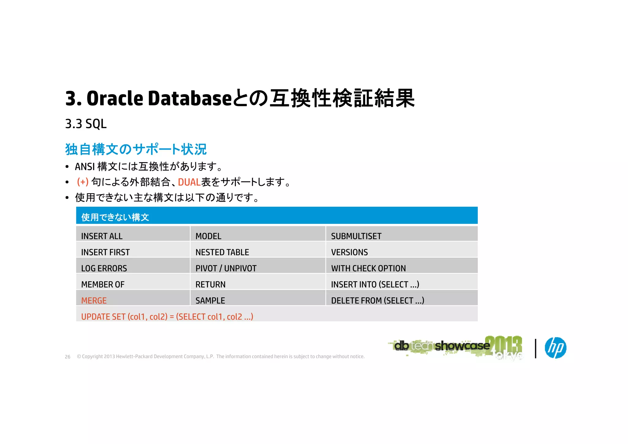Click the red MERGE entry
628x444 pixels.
(x=94, y=300)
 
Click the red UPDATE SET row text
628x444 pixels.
(x=167, y=316)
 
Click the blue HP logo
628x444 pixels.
(x=555, y=348)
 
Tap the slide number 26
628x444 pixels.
(x=67, y=357)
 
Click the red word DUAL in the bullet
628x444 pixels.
(x=189, y=182)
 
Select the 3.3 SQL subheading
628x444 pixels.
(x=86, y=124)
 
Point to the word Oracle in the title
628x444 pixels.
(x=115, y=99)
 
